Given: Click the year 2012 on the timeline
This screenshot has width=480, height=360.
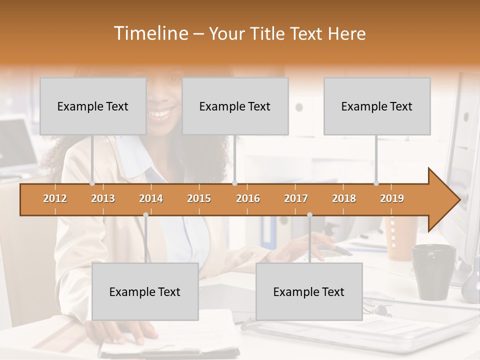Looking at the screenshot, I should click(55, 198).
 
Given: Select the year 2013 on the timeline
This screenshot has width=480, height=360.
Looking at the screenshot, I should click(103, 198).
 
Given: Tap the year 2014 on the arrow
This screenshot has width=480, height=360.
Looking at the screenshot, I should click(151, 198).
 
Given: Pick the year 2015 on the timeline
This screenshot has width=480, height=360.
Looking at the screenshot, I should click(199, 198).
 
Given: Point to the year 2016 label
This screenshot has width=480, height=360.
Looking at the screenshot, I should click(248, 198).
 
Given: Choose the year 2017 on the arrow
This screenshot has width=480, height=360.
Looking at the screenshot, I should click(296, 198).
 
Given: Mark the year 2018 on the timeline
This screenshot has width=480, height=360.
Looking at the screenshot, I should click(344, 198).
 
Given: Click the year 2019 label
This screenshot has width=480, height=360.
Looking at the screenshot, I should click(392, 198).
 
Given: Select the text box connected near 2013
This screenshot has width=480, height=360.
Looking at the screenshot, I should click(93, 106).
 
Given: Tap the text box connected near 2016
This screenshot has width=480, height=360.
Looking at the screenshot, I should click(235, 106).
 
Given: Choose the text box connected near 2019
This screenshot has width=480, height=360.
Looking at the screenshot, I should click(377, 106).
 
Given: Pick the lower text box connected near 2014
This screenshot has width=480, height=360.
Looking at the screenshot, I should click(145, 291).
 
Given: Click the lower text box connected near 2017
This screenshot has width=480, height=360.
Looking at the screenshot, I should click(309, 291).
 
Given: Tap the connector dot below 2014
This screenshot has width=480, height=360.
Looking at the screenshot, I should click(145, 214).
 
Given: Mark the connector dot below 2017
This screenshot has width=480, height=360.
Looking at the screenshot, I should click(309, 214).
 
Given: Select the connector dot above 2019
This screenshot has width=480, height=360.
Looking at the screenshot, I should click(376, 183).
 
